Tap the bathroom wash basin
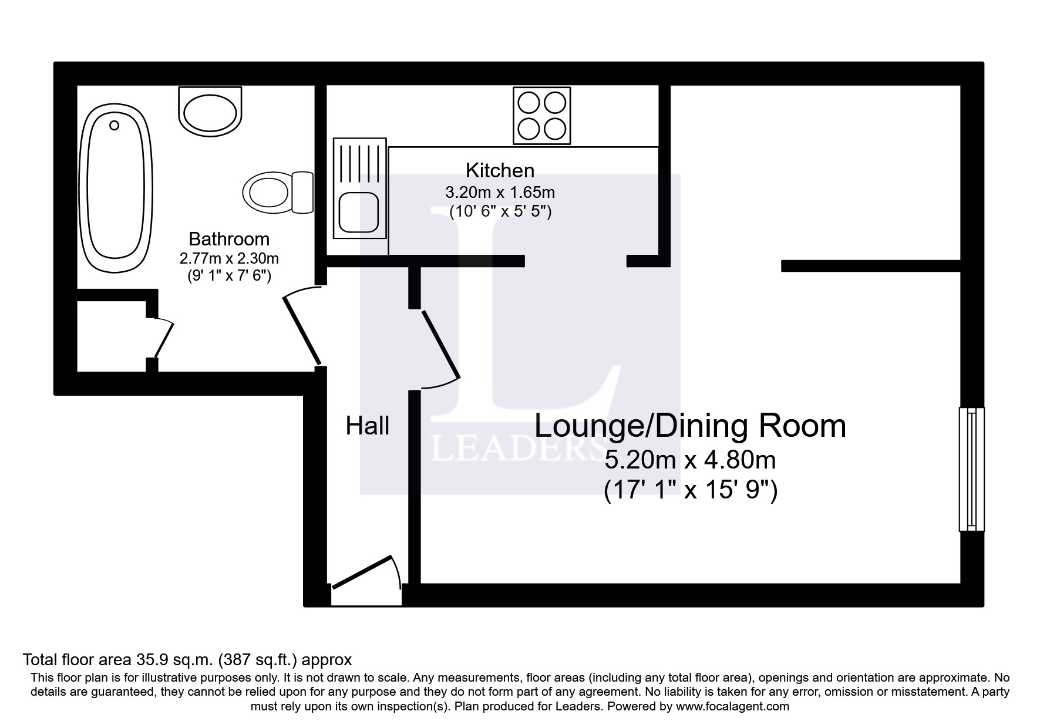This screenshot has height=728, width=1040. coord(210,110)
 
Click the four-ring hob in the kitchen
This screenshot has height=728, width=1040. coord(541,116)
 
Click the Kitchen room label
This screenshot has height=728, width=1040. coord(500,170)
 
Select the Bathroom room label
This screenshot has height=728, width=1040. coord(229,239)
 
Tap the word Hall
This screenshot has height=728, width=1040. coord(367,426)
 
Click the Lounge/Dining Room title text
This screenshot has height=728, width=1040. coord(689,426)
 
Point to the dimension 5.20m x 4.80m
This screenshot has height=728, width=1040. coord(690,460)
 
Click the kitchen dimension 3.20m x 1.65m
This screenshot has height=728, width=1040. coord(500,192)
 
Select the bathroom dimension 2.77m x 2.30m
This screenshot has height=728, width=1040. coord(229,258)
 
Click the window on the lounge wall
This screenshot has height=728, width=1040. coord(971,469)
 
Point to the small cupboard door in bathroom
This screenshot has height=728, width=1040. coord(163,339)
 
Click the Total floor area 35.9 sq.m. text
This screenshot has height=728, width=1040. coord(187,659)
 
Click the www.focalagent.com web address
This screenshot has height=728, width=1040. coord(732,706)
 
